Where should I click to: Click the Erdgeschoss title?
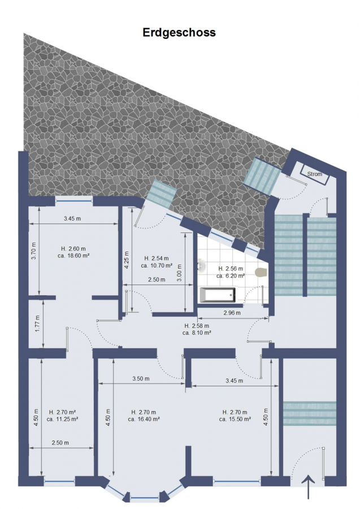pos(179,33)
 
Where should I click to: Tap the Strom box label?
pos(315,174)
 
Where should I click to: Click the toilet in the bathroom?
pos(261,272)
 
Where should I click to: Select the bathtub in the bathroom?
pos(218,295)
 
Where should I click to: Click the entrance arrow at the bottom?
pos(308,487)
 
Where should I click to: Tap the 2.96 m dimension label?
pos(232,313)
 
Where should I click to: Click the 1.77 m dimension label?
pos(37,323)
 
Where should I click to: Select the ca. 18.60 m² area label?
pos(73,256)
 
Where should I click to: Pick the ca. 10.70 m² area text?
pos(157,265)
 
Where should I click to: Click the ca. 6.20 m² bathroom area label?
pos(231,275)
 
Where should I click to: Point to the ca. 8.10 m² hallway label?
pos(197,333)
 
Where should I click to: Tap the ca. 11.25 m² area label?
pos(62,419)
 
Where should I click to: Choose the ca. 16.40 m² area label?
pos(144,419)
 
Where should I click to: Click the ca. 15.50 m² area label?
pos(235,419)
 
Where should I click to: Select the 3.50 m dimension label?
pos(141,378)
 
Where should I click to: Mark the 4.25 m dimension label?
pos(127,260)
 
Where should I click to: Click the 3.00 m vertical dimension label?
pos(180,273)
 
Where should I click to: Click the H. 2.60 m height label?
pos(73,249)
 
